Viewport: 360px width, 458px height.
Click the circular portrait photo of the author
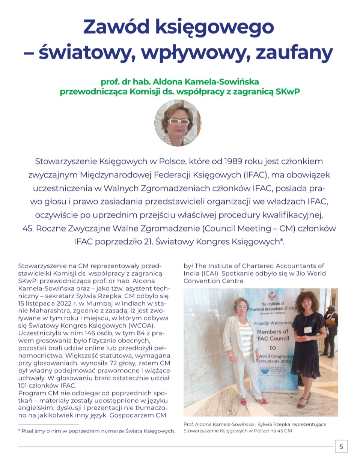[178, 123]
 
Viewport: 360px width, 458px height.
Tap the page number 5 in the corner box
[341, 446]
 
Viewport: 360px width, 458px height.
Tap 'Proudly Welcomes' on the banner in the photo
[273, 323]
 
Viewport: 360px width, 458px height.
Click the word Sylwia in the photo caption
[266, 424]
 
